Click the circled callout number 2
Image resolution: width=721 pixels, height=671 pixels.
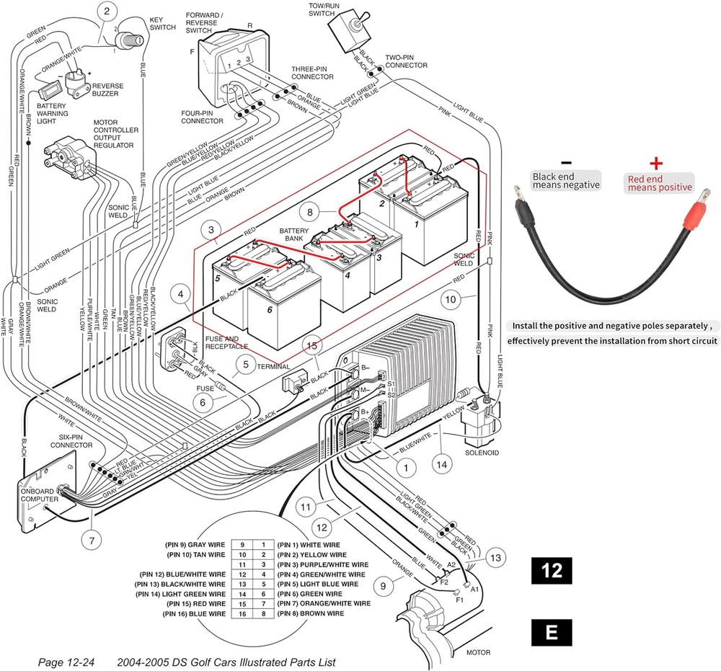click(x=107, y=11)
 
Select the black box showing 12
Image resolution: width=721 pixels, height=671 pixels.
click(x=552, y=571)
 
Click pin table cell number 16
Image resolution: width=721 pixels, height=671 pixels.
click(x=243, y=613)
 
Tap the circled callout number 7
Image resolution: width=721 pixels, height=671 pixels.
click(x=92, y=538)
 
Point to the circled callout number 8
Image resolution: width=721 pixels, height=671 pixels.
click(x=310, y=213)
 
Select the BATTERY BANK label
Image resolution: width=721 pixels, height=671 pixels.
click(x=294, y=234)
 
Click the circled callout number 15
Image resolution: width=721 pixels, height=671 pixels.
click(x=311, y=347)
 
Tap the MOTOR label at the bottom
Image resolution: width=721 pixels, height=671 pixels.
click(x=478, y=652)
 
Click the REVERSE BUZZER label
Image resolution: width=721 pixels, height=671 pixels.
click(x=107, y=90)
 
